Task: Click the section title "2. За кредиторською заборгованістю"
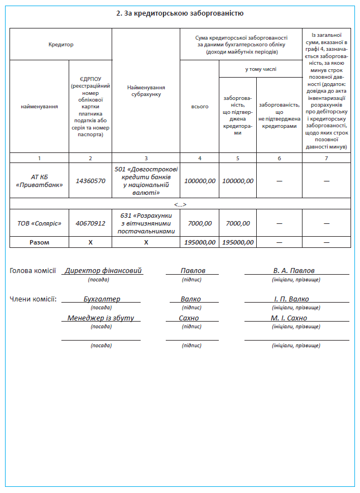180,13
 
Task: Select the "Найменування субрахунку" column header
146,91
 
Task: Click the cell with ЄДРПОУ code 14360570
90,181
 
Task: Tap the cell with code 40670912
90,223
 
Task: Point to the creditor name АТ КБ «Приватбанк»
39,181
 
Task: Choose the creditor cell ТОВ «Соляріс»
39,223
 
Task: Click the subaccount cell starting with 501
146,181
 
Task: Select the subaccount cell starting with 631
146,223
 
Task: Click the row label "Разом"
39,242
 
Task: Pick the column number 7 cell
327,158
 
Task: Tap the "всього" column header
199,107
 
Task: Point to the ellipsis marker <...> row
180,204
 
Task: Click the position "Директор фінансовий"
103,271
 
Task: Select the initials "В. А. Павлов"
294,271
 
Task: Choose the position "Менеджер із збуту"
100,318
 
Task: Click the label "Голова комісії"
33,271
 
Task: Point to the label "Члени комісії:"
33,299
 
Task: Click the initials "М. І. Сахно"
289,318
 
